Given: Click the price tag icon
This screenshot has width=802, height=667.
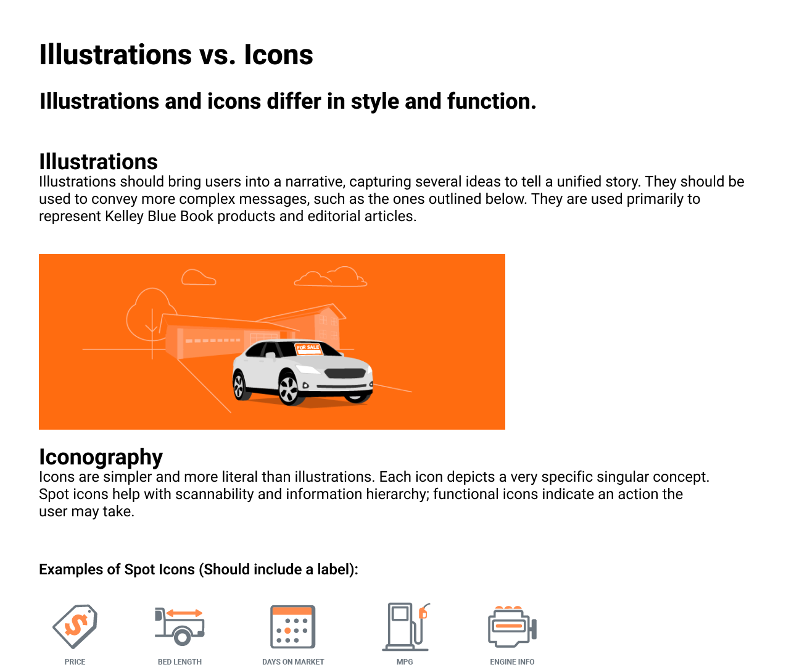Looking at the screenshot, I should click(x=75, y=626).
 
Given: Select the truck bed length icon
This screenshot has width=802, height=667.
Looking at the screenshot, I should click(x=179, y=626).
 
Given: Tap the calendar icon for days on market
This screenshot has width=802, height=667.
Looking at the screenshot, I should click(x=293, y=626).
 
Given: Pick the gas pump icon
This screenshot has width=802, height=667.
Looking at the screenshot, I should click(x=405, y=626).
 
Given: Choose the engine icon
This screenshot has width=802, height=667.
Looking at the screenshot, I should click(x=512, y=626).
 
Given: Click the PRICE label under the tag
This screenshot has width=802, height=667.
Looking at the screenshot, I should click(x=75, y=661).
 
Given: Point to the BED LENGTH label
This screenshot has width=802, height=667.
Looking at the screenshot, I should click(x=180, y=661).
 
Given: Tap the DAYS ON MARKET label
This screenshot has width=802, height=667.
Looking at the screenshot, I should click(x=293, y=661).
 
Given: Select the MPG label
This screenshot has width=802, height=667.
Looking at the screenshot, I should click(x=405, y=661).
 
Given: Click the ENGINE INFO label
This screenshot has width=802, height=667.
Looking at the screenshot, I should click(x=512, y=661).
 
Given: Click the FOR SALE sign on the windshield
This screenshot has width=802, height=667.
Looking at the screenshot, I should click(x=308, y=348).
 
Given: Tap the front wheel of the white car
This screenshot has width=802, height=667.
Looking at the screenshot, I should click(x=288, y=388).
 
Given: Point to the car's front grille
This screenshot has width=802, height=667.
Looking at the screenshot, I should click(x=345, y=374).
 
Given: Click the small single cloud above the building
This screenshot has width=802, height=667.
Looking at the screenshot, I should click(x=199, y=278).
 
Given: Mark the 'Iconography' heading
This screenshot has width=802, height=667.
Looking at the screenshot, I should click(x=101, y=457).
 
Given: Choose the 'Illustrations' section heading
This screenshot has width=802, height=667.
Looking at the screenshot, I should click(x=98, y=162).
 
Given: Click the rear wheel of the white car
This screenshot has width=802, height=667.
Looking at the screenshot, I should click(x=239, y=385).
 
